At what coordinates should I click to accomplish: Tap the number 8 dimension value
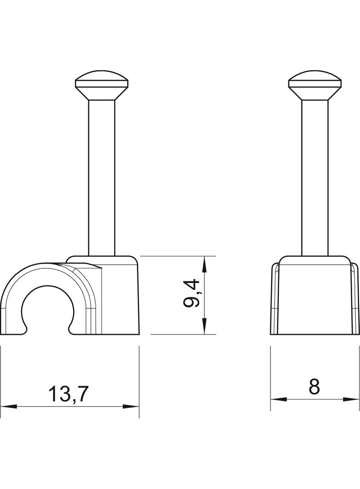click(x=315, y=387)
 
